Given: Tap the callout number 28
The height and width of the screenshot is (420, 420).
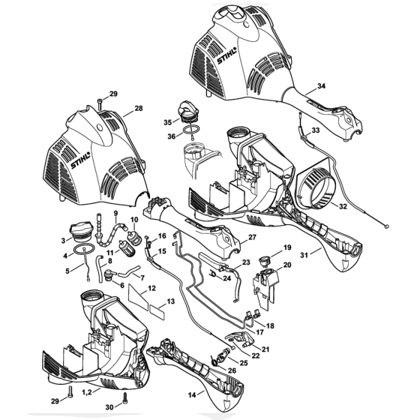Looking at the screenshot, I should (x=137, y=109).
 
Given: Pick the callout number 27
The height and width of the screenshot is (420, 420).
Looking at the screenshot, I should (x=252, y=238).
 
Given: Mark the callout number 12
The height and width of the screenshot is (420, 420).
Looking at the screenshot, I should (x=151, y=288).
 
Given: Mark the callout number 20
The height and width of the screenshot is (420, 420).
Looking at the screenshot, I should (x=286, y=265).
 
